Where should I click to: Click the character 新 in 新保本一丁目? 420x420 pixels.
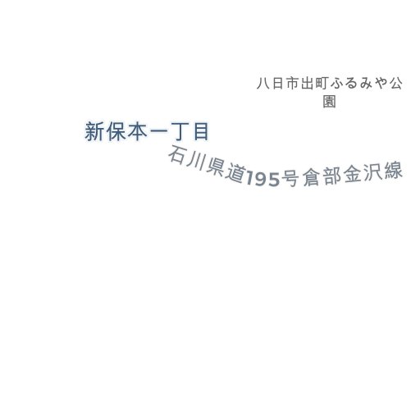94,131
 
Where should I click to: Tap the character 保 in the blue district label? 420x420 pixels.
116,131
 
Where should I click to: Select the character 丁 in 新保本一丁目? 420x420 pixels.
180,131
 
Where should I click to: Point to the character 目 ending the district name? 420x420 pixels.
201,131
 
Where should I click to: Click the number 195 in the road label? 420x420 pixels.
263,179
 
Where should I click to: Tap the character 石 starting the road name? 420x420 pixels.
178,155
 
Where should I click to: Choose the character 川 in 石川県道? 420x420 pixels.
196,161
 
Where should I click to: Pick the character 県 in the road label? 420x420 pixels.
215,167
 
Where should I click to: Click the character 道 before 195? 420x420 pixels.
235,173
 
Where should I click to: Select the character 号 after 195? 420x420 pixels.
290,178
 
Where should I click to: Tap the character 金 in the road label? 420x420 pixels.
353,174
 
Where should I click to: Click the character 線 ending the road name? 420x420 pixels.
394,170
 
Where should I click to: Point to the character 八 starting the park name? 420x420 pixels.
263,84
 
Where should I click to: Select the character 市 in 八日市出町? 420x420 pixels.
292,84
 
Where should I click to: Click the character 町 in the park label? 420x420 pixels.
322,84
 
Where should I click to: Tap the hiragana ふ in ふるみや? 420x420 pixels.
336,84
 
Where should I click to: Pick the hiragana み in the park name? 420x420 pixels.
366,84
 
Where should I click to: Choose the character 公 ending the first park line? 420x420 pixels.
395,84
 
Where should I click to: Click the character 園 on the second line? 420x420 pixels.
329,102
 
